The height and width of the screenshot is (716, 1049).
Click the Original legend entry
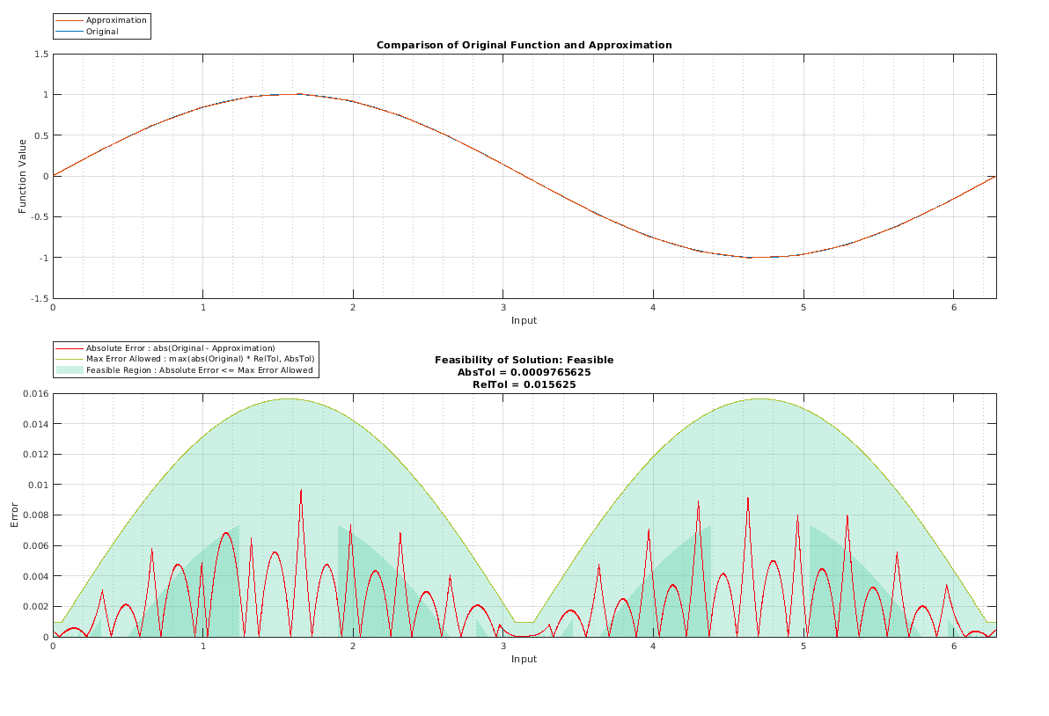click(x=102, y=32)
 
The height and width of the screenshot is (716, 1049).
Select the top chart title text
click(x=524, y=45)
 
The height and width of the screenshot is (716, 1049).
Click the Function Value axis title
click(x=23, y=176)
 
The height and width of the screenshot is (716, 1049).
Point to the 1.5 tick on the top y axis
click(x=41, y=55)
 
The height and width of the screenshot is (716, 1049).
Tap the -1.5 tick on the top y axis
click(x=40, y=298)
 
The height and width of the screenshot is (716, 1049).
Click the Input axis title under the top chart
click(x=524, y=320)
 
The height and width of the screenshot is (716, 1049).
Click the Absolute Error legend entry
click(x=180, y=348)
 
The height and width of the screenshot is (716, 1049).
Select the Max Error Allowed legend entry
click(x=200, y=359)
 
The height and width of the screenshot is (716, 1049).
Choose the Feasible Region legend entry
click(x=199, y=370)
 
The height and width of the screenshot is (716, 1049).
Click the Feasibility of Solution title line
click(x=524, y=360)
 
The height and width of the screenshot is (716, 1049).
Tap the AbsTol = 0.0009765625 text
click(x=524, y=372)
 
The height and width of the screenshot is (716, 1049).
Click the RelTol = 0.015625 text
click(x=524, y=384)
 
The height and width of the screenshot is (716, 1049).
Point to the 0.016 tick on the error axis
click(x=36, y=394)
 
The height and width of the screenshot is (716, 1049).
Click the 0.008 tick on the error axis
click(x=36, y=515)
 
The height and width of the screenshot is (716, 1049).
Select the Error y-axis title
click(x=14, y=515)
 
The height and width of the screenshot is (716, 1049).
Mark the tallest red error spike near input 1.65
click(x=301, y=491)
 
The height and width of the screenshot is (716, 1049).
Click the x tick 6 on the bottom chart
click(x=953, y=647)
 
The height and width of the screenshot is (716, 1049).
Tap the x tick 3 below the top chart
click(x=502, y=308)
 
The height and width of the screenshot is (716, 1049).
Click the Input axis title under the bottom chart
click(x=524, y=659)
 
